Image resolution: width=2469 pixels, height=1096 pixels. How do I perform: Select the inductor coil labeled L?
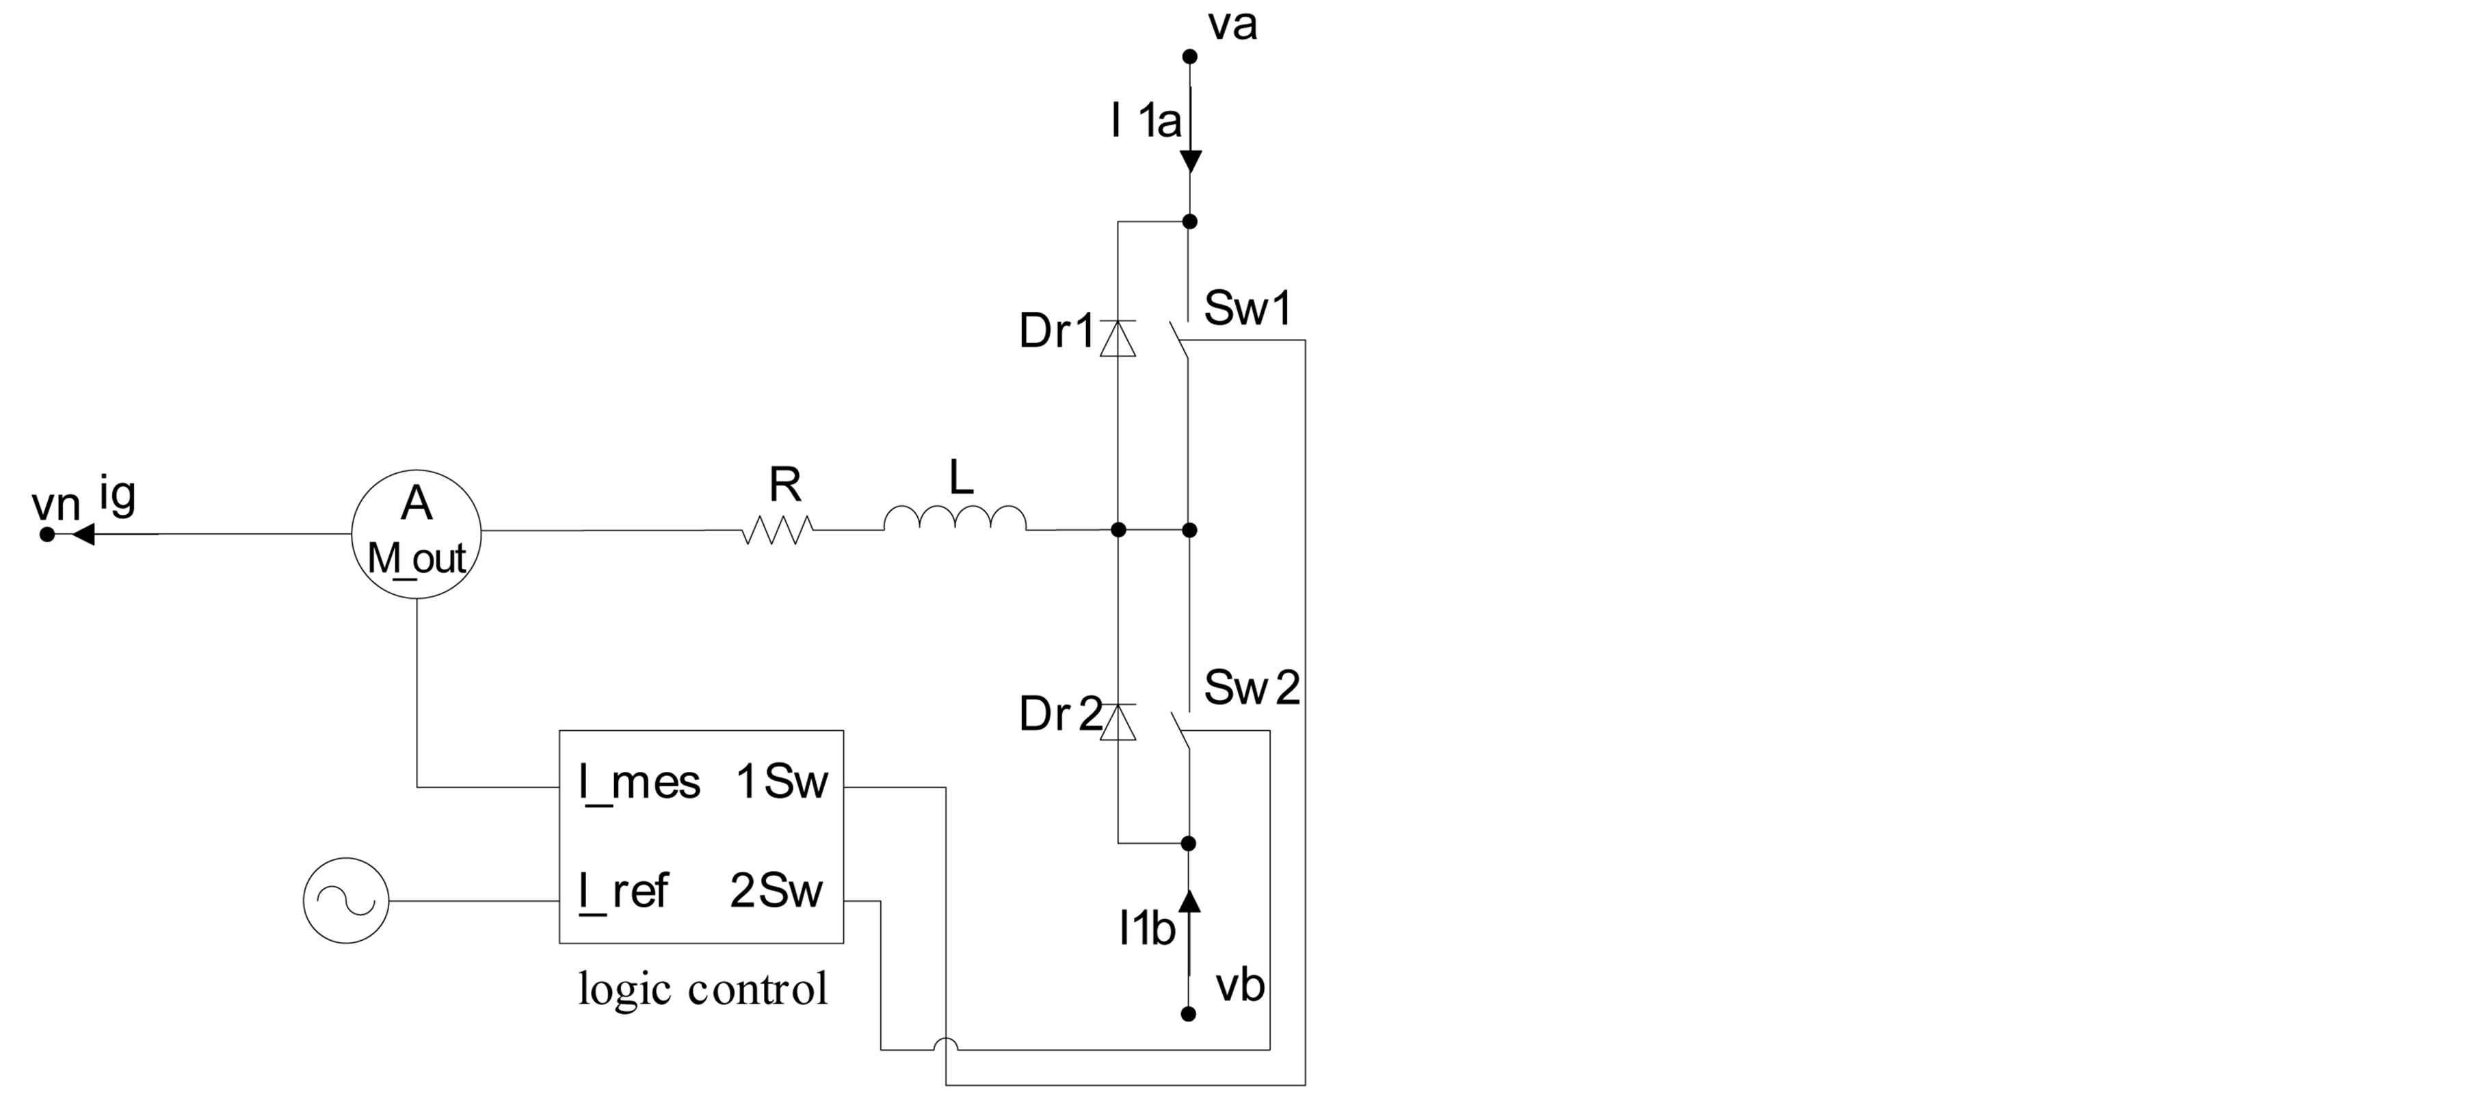coord(955,519)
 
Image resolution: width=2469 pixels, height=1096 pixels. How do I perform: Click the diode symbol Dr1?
coord(1118,338)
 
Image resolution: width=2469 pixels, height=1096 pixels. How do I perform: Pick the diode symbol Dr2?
coord(1118,721)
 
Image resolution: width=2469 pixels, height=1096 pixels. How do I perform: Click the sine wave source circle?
coord(346,900)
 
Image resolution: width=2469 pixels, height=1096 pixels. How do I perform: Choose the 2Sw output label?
coord(776,891)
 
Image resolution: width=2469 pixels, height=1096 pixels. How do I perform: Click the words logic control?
coord(702,989)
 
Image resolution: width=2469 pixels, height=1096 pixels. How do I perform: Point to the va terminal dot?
coord(1189,57)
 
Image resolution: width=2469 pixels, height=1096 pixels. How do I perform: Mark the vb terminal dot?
coord(1189,1013)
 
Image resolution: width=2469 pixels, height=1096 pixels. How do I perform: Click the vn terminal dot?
coord(47,535)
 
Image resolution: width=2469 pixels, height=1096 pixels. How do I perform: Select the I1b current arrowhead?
coord(1189,900)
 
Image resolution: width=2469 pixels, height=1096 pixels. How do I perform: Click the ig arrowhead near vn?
coord(83,535)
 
